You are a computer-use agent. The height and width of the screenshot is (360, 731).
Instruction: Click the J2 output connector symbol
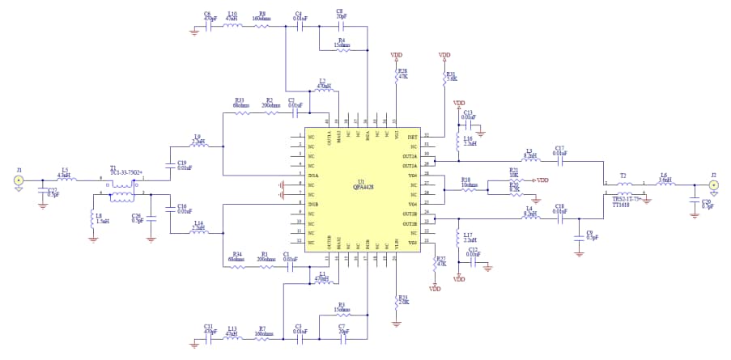pos(713,185)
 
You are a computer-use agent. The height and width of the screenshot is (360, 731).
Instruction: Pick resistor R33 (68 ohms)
pos(241,113)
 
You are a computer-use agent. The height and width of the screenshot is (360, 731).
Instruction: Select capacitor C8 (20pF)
pos(340,26)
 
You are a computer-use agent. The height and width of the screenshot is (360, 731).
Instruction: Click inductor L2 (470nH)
pos(323,91)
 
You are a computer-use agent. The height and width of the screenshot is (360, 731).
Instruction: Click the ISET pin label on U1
pos(412,136)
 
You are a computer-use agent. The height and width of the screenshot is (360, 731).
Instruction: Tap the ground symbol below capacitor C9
pos(578,252)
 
